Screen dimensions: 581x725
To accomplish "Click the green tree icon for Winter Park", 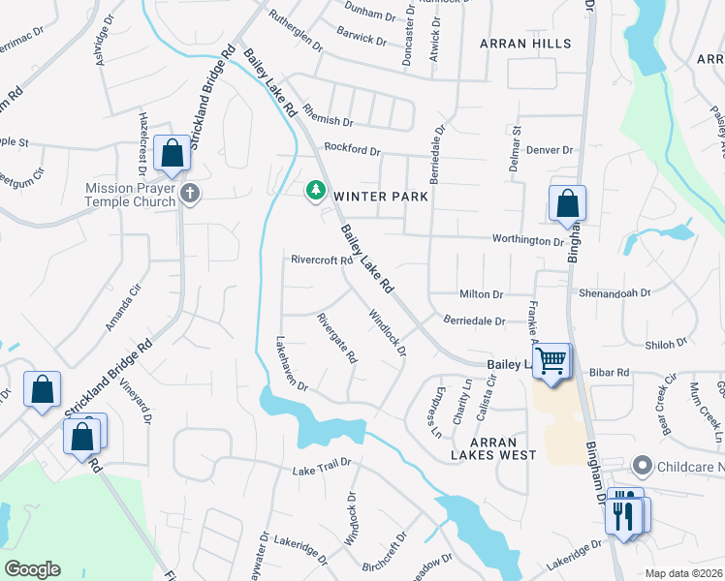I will (315, 192).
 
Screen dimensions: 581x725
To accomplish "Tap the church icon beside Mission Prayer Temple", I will (190, 195).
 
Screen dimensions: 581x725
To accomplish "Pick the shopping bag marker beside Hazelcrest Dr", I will (172, 154).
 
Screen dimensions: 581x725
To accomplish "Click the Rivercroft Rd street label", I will (321, 260).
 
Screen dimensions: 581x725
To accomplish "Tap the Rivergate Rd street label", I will (337, 338).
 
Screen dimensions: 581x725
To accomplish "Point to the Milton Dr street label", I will (481, 294).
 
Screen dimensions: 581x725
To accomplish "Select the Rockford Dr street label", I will (353, 150).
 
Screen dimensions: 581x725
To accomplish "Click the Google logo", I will (32, 569).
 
